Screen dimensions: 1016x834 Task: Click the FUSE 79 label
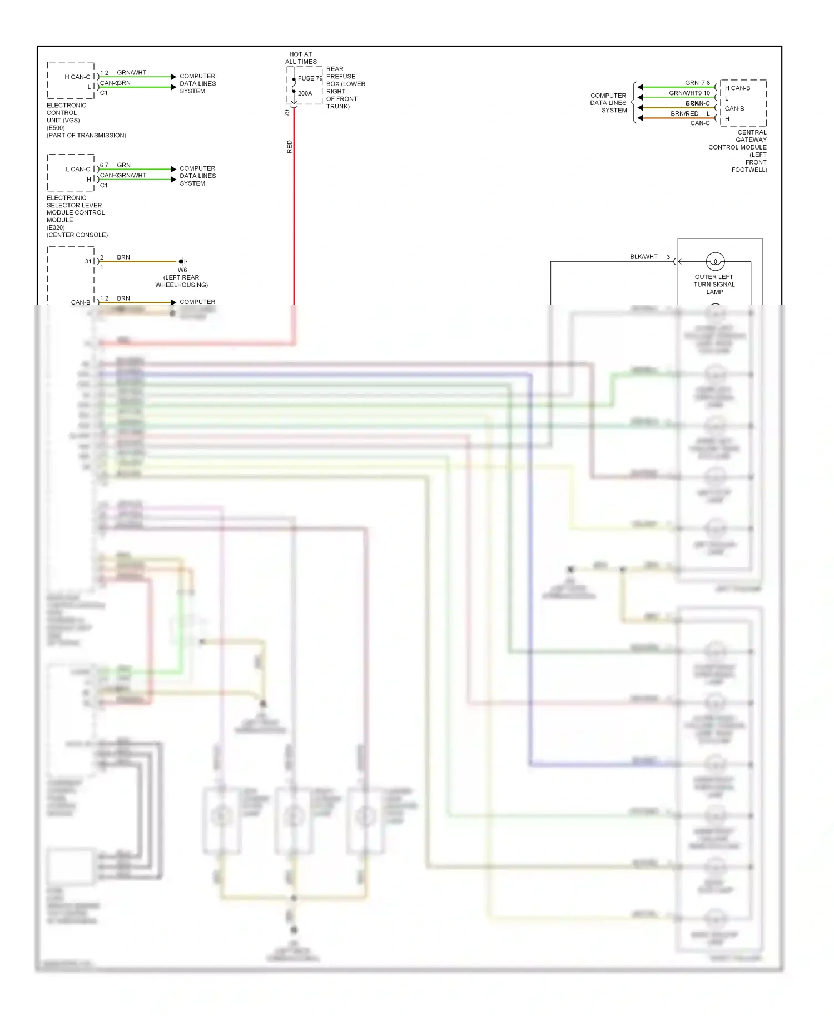(x=309, y=78)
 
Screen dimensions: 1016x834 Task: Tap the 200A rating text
(x=305, y=93)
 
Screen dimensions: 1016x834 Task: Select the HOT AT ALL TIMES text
(x=301, y=58)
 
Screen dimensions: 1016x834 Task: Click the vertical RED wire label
(x=289, y=147)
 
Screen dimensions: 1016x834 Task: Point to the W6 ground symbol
(x=182, y=261)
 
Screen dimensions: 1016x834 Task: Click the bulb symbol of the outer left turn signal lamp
(x=715, y=261)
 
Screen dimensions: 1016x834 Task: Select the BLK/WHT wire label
(x=643, y=257)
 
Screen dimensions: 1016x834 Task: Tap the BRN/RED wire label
(x=684, y=113)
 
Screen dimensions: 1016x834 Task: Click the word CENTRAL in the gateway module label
(x=752, y=132)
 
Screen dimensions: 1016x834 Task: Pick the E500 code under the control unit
(x=56, y=128)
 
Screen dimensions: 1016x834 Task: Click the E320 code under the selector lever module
(x=56, y=227)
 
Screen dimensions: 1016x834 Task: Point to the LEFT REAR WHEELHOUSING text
(x=181, y=281)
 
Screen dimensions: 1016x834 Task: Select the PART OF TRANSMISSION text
(x=86, y=135)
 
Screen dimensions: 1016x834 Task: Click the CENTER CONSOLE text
(x=77, y=235)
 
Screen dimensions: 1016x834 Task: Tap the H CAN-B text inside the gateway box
(x=737, y=88)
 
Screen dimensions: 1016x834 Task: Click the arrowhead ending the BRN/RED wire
(x=641, y=118)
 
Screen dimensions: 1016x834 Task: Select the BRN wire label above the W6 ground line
(x=123, y=257)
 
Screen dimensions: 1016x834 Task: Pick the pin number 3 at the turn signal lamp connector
(x=668, y=257)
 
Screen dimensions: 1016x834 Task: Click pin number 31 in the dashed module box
(x=88, y=261)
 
